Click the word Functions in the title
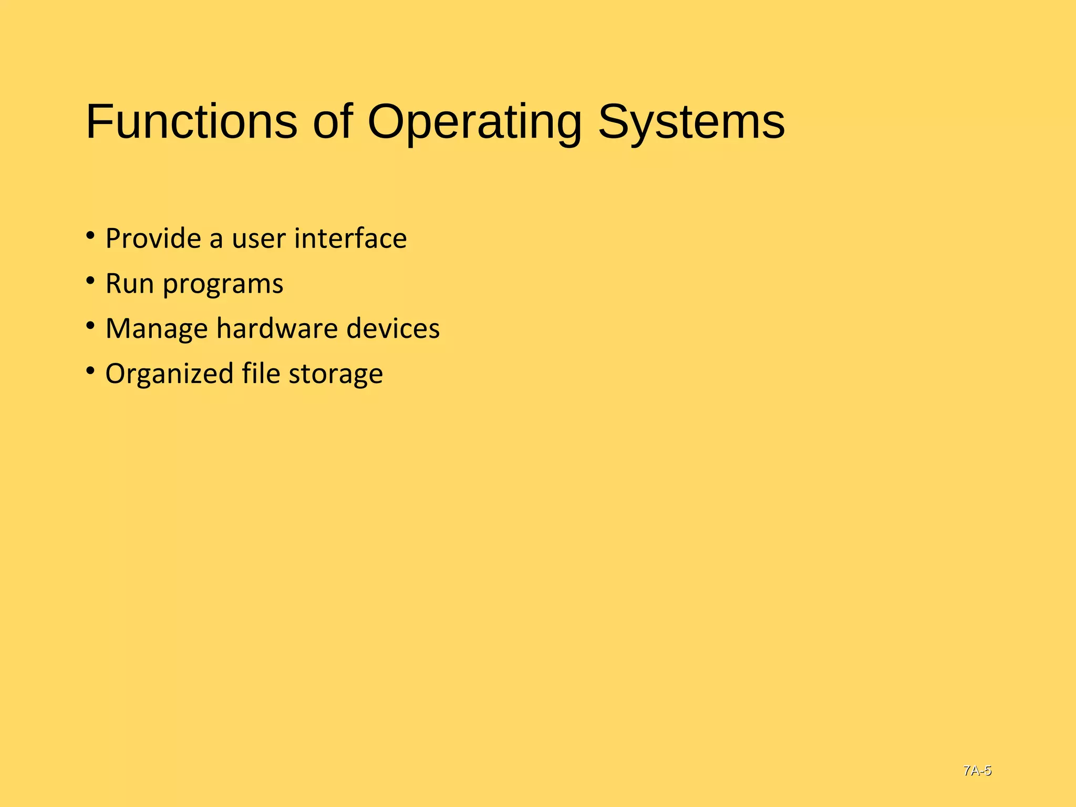191,122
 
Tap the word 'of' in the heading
333,122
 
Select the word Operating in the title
474,122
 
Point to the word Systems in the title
691,122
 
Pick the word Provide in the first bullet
153,239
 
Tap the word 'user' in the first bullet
258,239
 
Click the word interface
350,239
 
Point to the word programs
223,285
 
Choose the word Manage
157,329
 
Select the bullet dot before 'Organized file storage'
90,370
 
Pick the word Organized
169,375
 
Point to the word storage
336,375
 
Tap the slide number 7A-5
977,771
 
